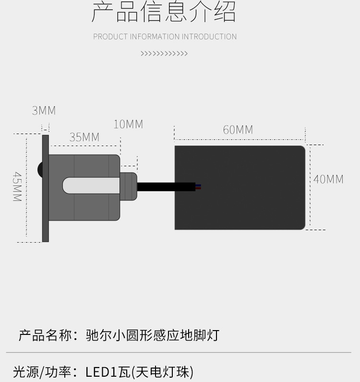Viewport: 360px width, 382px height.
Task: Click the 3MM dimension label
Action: (44, 111)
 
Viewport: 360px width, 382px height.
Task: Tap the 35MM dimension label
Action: (84, 137)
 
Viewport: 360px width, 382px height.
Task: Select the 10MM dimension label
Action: (128, 124)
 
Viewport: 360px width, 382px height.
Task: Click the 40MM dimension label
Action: (328, 180)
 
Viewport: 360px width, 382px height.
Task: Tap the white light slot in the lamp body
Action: (91, 185)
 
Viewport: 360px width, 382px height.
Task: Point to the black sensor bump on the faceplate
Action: (39, 169)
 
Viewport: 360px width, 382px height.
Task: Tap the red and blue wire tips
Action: (198, 186)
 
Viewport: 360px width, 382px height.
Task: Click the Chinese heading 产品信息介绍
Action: (164, 13)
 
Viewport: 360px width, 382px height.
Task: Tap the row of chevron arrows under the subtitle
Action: (164, 54)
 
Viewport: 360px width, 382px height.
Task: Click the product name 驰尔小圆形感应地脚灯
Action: (153, 335)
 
